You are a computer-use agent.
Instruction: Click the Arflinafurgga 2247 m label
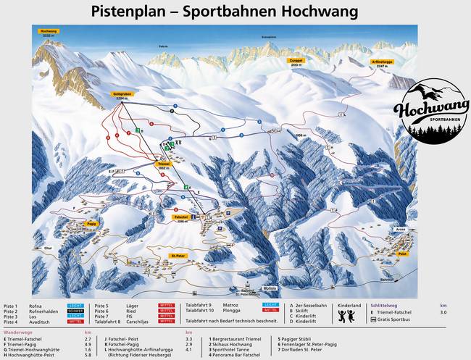click(382, 63)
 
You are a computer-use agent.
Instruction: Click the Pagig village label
click(91, 224)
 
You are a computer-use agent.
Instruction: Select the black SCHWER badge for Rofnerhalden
click(75, 311)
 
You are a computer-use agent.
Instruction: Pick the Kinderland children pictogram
click(347, 317)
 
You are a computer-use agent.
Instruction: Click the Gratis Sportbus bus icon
click(374, 319)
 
